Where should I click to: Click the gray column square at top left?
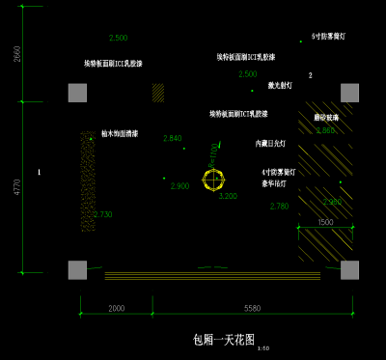tap(77, 93)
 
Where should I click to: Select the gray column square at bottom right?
tap(349, 269)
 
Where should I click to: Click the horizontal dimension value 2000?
tap(116, 308)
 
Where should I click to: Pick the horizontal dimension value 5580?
tap(252, 308)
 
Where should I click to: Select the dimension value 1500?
tap(325, 222)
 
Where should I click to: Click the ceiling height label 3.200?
tap(228, 196)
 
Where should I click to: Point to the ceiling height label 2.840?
tap(173, 138)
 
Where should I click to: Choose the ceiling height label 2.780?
tap(279, 206)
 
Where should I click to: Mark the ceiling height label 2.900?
tap(179, 185)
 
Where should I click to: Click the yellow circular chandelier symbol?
tap(213, 179)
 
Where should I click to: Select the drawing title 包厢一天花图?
tap(223, 340)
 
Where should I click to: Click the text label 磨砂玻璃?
tap(326, 117)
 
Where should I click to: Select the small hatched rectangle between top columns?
tap(158, 92)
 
